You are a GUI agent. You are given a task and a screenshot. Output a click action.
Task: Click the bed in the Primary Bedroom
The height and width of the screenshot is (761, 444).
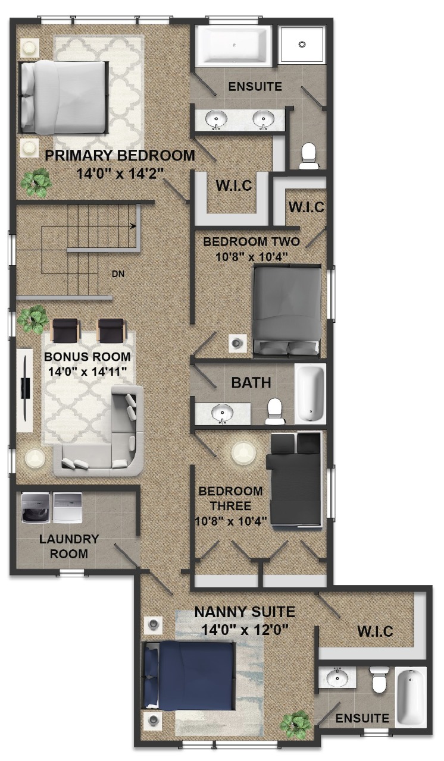tap(64, 97)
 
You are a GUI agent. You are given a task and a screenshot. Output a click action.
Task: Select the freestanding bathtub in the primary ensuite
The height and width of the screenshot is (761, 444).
tap(233, 46)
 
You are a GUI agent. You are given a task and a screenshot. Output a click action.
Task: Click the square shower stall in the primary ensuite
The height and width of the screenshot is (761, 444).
tap(302, 45)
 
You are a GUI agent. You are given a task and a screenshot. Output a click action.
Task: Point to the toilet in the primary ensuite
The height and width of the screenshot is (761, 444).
tap(309, 156)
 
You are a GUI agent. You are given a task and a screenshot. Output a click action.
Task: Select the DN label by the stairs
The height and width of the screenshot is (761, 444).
tap(118, 273)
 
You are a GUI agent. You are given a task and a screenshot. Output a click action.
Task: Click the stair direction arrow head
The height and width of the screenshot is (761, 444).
tap(134, 226)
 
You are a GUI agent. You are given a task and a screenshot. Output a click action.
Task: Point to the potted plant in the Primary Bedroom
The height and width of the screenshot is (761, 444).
tap(36, 183)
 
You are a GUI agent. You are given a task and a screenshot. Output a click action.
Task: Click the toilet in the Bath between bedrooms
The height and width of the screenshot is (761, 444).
tap(274, 411)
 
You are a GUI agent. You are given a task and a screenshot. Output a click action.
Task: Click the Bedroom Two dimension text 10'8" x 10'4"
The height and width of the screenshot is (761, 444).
tap(252, 257)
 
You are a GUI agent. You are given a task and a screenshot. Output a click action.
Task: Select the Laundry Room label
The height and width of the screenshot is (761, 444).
tap(69, 546)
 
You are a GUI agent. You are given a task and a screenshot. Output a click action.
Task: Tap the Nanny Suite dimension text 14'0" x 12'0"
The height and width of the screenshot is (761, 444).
tap(245, 630)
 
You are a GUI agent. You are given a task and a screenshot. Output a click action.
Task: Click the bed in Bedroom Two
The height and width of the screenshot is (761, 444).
tap(287, 310)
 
